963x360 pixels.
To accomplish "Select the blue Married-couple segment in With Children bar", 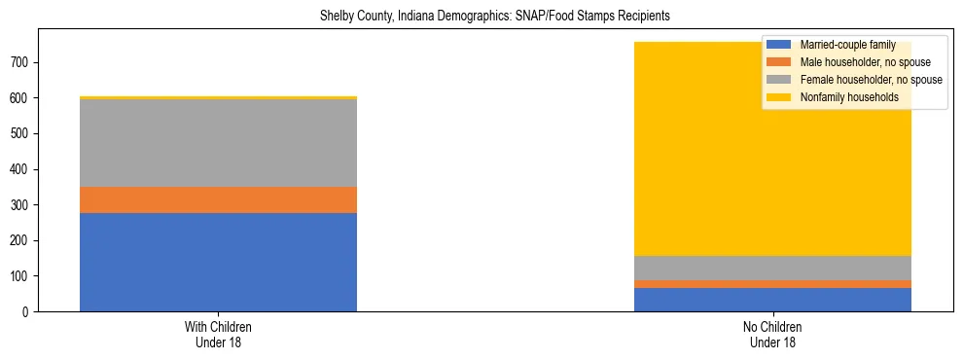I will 218,262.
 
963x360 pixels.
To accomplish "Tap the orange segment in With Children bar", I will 218,199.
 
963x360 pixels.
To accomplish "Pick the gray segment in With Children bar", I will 218,143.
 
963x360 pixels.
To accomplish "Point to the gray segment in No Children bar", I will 772,268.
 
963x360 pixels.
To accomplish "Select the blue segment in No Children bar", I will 772,300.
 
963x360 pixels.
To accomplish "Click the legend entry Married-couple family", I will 842,45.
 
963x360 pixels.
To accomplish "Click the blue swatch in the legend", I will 779,45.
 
